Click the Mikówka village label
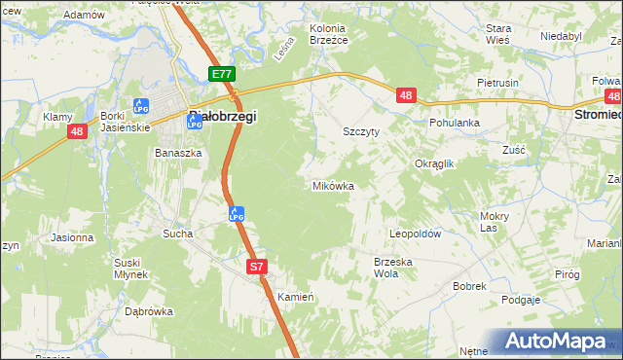[x=333, y=185]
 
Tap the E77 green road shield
[x=222, y=74]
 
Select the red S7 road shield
[x=256, y=266]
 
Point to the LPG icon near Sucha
[x=236, y=214]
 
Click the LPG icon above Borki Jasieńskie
[x=140, y=105]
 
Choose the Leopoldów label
[x=416, y=234]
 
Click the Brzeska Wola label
[x=394, y=268]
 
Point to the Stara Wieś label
[x=499, y=34]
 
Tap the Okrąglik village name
[x=435, y=164]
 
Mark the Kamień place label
[x=294, y=296]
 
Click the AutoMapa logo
[x=556, y=342]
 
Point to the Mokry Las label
[x=495, y=222]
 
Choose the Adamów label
[x=84, y=16]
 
